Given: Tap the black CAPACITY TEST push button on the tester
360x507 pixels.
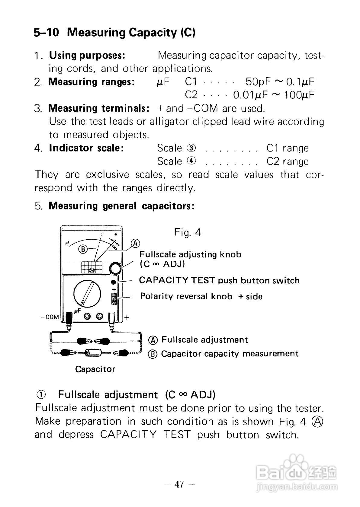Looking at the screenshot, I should (114, 282).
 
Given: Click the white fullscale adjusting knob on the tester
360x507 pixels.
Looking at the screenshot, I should (115, 268).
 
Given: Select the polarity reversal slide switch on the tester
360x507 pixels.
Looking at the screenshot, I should (114, 300).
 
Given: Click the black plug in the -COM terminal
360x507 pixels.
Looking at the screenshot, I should (69, 317).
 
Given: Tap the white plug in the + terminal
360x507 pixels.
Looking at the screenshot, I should (111, 317).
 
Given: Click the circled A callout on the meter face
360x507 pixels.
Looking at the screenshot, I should (136, 243).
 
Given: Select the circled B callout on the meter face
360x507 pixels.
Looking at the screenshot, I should (83, 249).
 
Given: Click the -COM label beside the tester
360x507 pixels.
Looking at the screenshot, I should (50, 317).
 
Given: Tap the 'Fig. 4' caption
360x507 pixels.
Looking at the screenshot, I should (187, 232).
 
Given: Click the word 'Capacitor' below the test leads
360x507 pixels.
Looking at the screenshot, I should (95, 369).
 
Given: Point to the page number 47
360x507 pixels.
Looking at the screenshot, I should (179, 484).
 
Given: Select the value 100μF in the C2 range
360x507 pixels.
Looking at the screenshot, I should (299, 95).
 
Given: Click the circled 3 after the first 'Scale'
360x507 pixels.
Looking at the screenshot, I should (191, 148).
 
